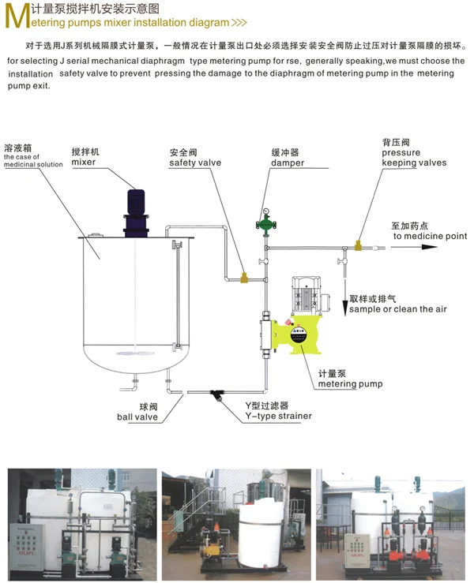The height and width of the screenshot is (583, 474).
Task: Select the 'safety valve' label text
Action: tap(195, 163)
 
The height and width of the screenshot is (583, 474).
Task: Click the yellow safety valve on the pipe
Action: tap(243, 277)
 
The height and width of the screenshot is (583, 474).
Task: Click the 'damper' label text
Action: tap(288, 163)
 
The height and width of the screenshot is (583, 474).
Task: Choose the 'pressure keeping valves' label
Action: tap(414, 158)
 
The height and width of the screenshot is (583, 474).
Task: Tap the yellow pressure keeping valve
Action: tap(359, 247)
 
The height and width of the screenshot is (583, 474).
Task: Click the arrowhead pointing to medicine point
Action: tap(429, 247)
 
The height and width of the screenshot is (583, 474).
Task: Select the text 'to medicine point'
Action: tap(430, 235)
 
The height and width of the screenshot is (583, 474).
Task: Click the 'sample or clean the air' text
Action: tap(398, 309)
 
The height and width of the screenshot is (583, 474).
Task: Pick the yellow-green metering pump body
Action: tap(296, 334)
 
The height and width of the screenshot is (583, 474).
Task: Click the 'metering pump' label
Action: tap(350, 384)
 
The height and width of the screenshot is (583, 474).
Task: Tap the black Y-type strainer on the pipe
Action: tap(216, 394)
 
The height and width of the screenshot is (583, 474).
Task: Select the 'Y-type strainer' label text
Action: tap(278, 416)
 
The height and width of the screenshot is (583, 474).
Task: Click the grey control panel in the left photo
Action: tap(27, 541)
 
